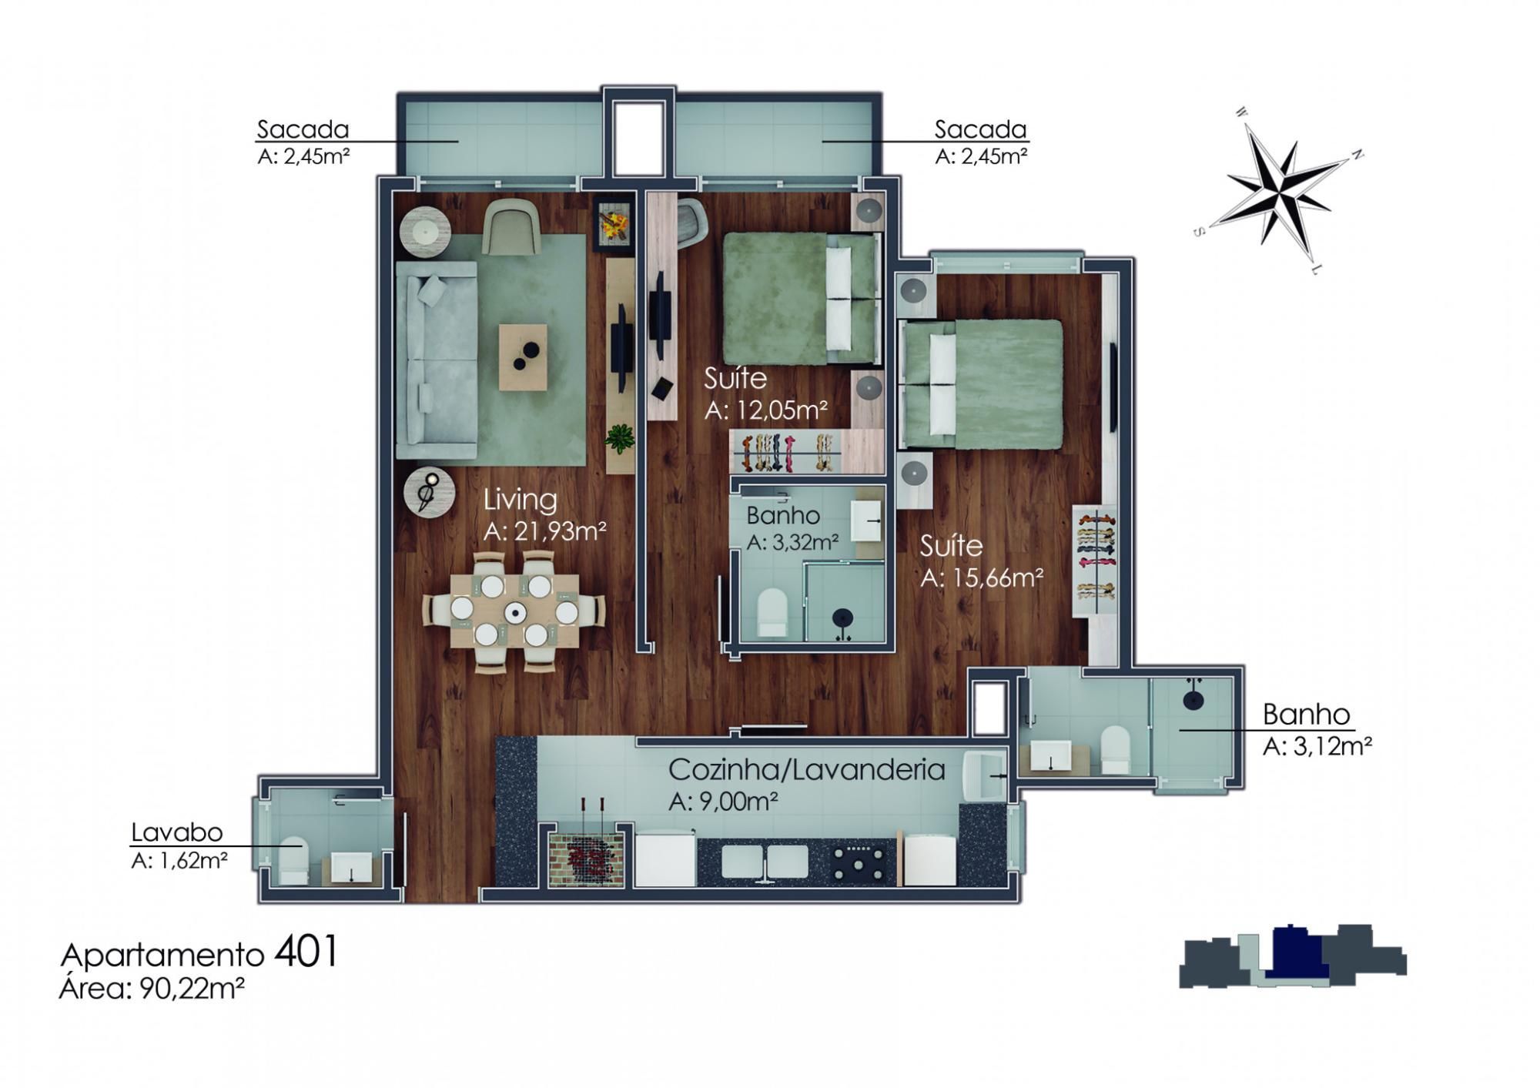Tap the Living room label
(x=521, y=500)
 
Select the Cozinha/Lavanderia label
(x=806, y=769)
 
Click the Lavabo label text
(x=176, y=832)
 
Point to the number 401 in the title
(x=306, y=952)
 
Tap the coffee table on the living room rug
(x=524, y=357)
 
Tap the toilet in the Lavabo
(x=293, y=859)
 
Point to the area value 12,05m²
(x=766, y=410)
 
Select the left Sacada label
(x=303, y=129)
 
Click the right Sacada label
(x=980, y=129)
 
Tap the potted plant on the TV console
(x=619, y=439)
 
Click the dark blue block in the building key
(x=1297, y=953)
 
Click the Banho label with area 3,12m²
(x=1306, y=715)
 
